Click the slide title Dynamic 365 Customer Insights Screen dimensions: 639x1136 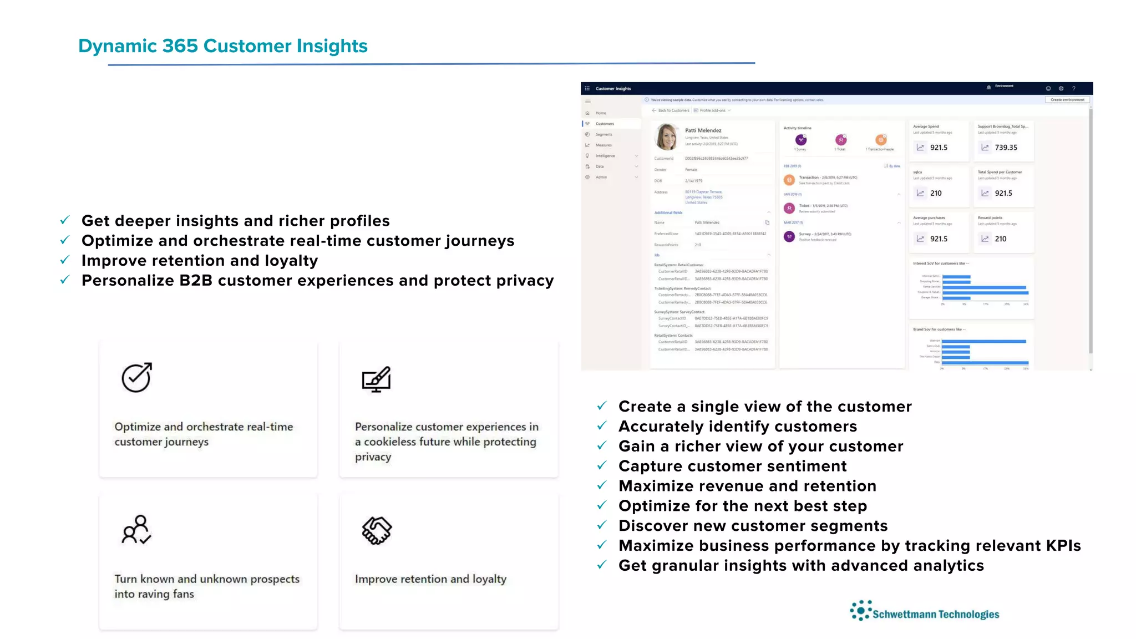coord(222,46)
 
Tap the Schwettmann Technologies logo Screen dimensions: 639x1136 coord(925,612)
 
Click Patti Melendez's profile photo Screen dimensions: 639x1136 coord(666,137)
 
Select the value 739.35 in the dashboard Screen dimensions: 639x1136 coord(1006,148)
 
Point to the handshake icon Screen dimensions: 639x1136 coord(377,531)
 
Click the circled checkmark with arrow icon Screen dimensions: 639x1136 coord(136,378)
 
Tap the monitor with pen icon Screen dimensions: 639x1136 coord(376,379)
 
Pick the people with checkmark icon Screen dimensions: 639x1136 coord(136,530)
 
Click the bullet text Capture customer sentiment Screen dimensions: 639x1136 coord(732,466)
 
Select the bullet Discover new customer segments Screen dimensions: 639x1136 coord(753,526)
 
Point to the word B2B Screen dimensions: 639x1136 coord(196,281)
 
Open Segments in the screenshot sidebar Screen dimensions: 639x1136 coord(603,135)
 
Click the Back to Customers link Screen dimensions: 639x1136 coord(673,110)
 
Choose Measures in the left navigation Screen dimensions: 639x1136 coord(603,145)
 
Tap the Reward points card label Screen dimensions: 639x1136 coord(990,218)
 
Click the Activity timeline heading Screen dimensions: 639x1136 coord(797,128)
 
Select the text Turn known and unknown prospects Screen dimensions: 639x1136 coord(207,579)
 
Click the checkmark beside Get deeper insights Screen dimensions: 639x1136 coord(65,220)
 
